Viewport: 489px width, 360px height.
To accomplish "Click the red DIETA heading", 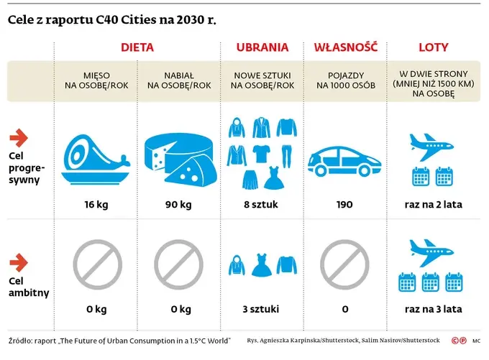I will tap(137, 48).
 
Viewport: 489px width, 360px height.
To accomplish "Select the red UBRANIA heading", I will tap(262, 48).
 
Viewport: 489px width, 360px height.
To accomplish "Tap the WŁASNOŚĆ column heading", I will tap(346, 48).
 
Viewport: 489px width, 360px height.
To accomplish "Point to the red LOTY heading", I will tap(433, 48).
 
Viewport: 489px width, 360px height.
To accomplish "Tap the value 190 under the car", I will tap(344, 205).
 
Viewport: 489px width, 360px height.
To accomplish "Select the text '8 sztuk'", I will tap(260, 205).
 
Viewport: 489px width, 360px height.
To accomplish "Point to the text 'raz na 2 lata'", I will tap(433, 205).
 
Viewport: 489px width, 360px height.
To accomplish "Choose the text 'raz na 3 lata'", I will tap(433, 310).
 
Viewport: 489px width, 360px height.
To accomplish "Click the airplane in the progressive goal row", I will tap(434, 144).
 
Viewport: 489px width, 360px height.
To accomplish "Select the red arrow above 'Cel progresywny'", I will tap(19, 137).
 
